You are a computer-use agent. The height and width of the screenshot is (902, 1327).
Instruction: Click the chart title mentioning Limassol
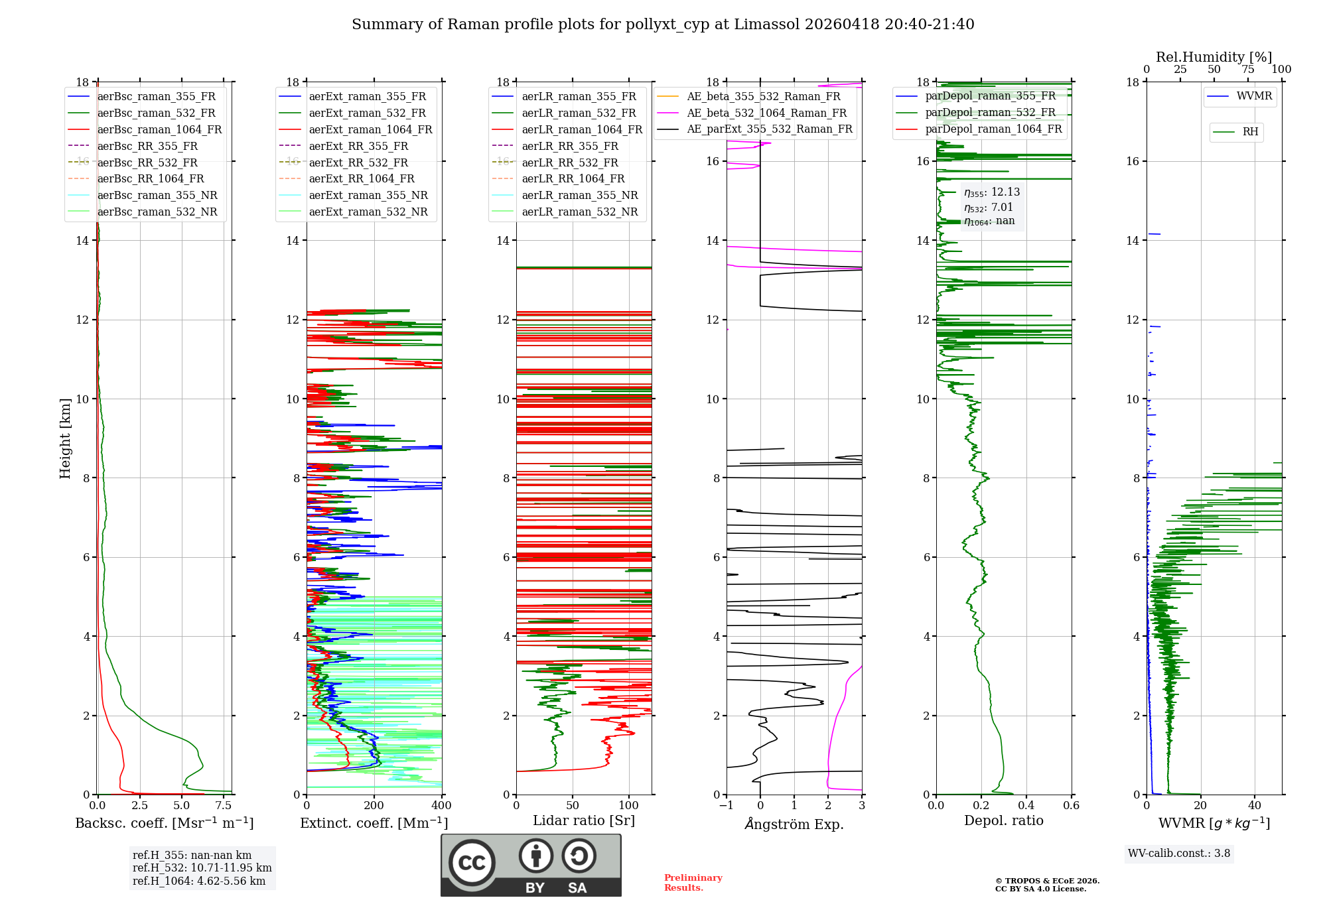point(663,25)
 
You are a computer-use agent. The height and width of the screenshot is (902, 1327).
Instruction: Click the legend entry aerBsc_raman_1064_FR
point(159,129)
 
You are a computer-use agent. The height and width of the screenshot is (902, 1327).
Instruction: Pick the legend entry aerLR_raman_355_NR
point(579,196)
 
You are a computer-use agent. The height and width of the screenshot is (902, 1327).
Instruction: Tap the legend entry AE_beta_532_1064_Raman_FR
point(766,113)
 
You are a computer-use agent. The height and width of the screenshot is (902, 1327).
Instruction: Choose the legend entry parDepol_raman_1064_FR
point(993,129)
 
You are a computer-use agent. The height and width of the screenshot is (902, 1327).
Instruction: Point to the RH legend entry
point(1250,132)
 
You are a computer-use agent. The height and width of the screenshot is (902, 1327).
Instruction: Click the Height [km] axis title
point(65,438)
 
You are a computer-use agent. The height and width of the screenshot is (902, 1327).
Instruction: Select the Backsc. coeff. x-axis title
point(164,823)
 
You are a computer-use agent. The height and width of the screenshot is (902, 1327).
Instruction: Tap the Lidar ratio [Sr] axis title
point(583,821)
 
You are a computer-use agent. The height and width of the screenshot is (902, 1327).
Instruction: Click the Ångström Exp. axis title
point(794,824)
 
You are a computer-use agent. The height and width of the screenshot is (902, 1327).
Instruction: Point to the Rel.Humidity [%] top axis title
point(1214,57)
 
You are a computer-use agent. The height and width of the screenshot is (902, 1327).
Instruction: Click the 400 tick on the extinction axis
point(441,806)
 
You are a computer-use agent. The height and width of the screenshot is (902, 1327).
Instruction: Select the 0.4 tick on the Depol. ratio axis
point(1026,806)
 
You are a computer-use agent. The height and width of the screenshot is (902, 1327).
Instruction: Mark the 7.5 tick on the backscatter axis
point(224,806)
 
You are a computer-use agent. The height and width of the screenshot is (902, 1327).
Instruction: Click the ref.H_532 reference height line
point(202,868)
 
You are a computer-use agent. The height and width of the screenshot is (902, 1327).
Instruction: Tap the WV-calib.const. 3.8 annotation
point(1179,854)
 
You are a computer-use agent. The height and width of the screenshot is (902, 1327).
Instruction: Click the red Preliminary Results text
point(693,883)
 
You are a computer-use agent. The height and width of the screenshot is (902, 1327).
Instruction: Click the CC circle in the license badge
point(472,862)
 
